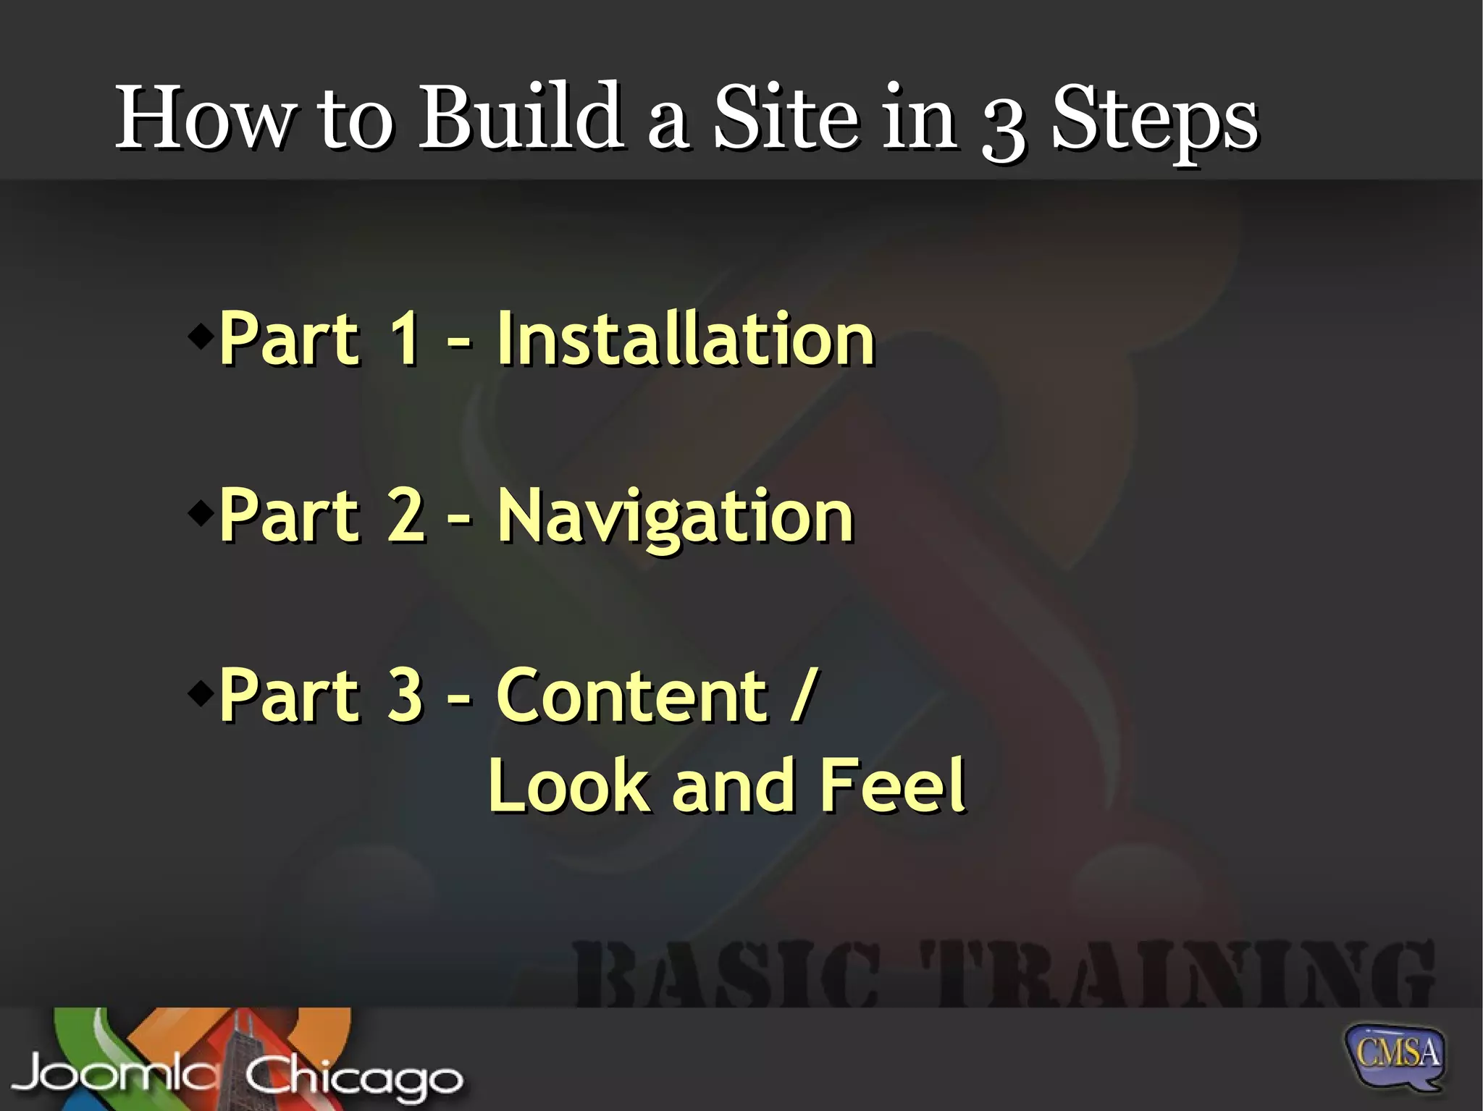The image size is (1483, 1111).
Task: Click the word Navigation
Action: pos(675,518)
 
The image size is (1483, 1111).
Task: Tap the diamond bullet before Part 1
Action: pos(201,335)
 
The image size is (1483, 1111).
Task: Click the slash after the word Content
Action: pos(804,695)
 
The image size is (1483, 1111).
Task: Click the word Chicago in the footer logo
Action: pos(353,1077)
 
